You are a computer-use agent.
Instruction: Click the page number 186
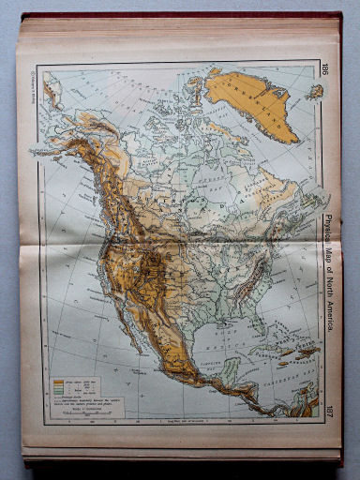[324, 68]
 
